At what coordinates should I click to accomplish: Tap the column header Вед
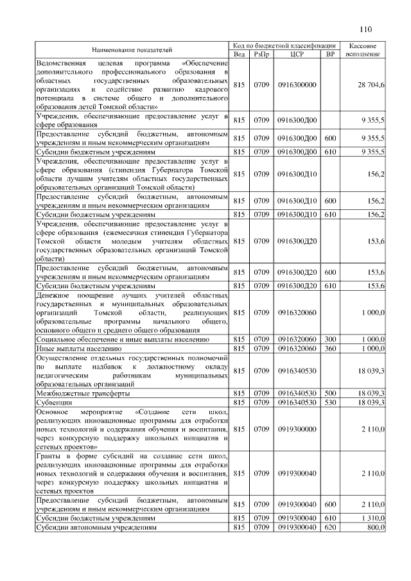(x=239, y=54)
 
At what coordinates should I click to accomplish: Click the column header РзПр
(x=261, y=54)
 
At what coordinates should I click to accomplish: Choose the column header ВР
(x=330, y=54)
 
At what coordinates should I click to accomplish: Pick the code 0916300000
(x=297, y=85)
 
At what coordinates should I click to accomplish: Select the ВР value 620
(x=330, y=527)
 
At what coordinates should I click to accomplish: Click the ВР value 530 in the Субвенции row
(x=330, y=402)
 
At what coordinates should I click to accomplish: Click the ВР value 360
(x=330, y=348)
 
